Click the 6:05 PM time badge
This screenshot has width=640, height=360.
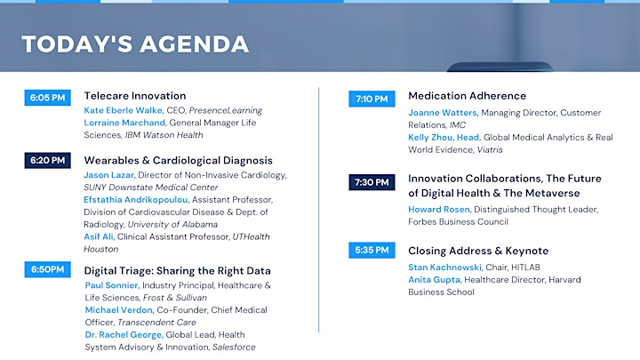pos(47,98)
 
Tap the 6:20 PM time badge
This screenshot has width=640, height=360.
pos(47,160)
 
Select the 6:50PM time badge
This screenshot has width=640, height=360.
pos(47,269)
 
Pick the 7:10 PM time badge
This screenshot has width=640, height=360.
pos(372,99)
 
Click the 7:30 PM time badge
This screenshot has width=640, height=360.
pos(372,182)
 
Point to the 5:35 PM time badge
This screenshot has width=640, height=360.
pos(372,250)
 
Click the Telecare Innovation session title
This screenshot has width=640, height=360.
pos(135,96)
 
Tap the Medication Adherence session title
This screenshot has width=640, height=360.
pos(468,96)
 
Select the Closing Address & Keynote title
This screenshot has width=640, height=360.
pos(478,251)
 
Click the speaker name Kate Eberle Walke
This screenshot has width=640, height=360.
pos(124,110)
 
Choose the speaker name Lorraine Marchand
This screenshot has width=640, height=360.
pos(125,123)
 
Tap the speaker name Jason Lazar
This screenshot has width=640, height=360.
pos(109,175)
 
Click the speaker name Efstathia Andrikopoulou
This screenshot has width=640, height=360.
pos(136,200)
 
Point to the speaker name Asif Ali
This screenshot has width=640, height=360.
pos(99,236)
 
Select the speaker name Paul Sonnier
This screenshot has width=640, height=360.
pos(112,285)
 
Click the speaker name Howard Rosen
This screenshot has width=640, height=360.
pos(440,210)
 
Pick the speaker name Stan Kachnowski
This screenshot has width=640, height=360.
pos(445,268)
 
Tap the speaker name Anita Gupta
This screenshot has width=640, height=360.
pos(435,280)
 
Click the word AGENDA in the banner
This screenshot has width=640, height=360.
pos(195,44)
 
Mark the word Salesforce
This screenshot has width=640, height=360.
pos(234,347)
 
